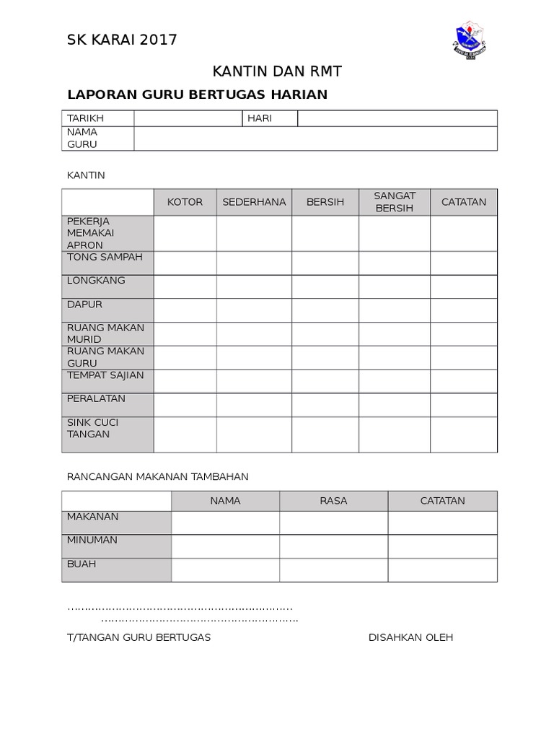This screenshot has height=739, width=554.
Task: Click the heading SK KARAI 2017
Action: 122,40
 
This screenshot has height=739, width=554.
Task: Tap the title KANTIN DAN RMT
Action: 277,71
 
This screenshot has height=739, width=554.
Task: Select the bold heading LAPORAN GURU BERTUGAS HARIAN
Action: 197,95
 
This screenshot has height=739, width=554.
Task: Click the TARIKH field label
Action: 86,118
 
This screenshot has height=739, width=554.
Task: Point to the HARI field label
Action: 260,118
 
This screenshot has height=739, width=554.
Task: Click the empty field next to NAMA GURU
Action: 315,139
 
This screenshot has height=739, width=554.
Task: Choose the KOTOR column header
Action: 185,202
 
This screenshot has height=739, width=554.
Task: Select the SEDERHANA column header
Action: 254,202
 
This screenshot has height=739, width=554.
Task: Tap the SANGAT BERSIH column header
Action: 395,202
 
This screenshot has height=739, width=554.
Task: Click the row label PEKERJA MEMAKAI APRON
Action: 107,233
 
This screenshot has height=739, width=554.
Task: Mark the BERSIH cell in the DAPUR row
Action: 325,310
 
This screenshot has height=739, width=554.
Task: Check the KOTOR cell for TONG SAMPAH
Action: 185,263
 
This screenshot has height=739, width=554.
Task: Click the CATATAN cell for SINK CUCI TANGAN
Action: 464,434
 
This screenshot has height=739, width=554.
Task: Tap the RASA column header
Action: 333,501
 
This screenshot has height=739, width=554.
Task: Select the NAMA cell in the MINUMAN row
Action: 225,546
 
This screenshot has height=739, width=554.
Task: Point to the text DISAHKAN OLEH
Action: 410,638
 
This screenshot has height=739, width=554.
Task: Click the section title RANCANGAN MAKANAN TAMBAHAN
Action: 157,476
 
